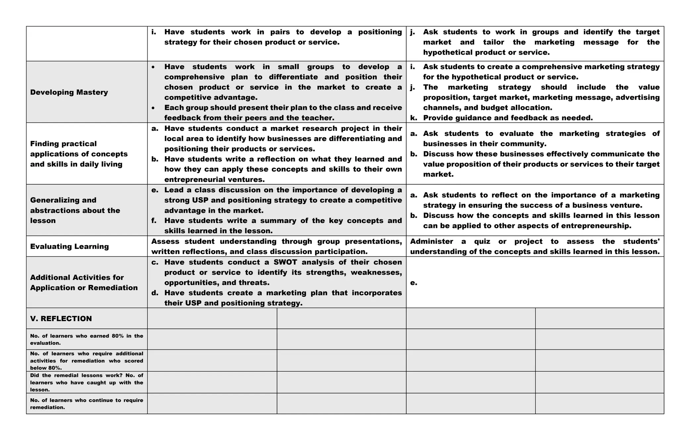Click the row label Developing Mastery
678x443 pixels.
pyautogui.click(x=69, y=92)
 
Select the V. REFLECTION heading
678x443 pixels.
pyautogui.click(x=61, y=319)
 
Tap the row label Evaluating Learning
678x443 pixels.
pyautogui.click(x=69, y=246)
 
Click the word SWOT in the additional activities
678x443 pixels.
pyautogui.click(x=285, y=262)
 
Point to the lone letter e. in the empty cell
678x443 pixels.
pyautogui.click(x=413, y=283)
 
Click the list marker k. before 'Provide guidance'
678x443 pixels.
pyautogui.click(x=413, y=118)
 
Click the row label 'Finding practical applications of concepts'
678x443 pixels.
pyautogui.click(x=78, y=154)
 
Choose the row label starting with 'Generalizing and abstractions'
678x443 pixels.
pyautogui.click(x=75, y=210)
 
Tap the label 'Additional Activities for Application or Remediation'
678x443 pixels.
pyautogui.click(x=84, y=283)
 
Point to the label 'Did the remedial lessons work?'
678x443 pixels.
pyautogui.click(x=86, y=382)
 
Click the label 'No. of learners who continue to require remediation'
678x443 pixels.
pyautogui.click(x=86, y=404)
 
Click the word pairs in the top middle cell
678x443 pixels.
pyautogui.click(x=280, y=32)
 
